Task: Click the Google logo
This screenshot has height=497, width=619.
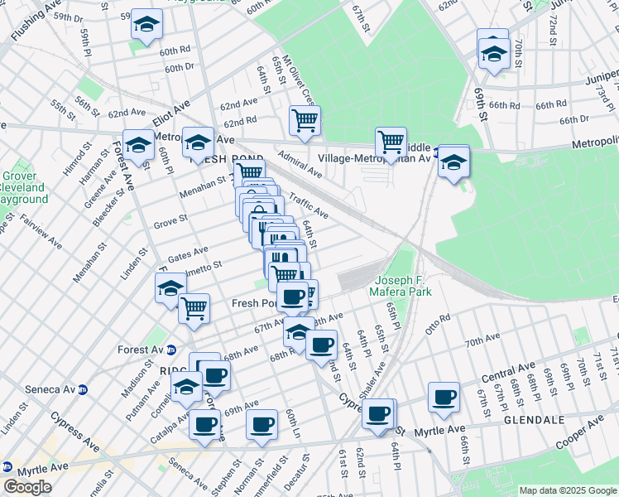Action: [x=28, y=486]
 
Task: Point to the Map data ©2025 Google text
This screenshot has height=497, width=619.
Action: [x=567, y=490]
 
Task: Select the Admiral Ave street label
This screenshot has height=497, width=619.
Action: [x=300, y=163]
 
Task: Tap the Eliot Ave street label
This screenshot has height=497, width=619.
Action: [x=171, y=112]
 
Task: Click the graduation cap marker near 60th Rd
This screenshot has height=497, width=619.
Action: [x=146, y=26]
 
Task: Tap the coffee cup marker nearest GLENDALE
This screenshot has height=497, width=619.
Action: [x=444, y=397]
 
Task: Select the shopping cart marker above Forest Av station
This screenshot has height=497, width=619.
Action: [x=194, y=307]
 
